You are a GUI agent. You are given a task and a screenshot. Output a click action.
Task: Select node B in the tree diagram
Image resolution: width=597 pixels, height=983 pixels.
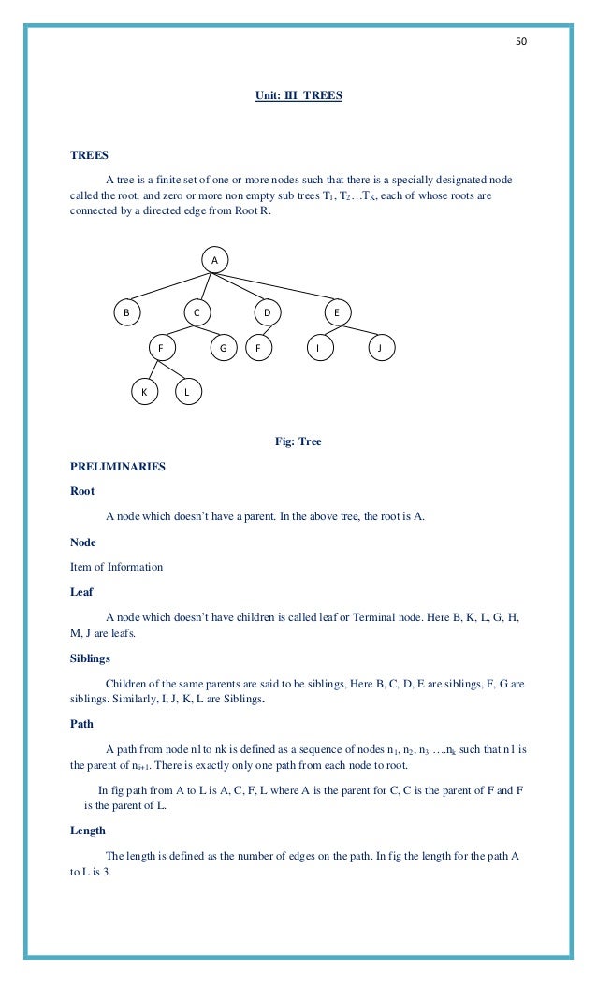click(127, 311)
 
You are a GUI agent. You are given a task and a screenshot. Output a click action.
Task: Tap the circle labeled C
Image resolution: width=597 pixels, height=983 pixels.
click(197, 311)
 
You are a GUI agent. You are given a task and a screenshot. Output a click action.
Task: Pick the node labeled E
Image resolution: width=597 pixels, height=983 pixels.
click(337, 311)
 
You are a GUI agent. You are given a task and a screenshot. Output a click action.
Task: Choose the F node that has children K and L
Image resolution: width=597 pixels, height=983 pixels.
click(161, 349)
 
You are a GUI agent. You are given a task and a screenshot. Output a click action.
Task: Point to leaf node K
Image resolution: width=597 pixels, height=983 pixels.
click(143, 393)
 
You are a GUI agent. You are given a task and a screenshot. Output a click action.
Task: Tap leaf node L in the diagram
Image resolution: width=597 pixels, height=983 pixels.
click(187, 393)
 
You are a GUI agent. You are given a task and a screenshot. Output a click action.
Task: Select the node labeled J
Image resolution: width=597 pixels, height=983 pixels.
click(380, 349)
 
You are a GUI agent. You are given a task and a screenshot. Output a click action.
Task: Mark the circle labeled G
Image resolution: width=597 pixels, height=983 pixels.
click(223, 349)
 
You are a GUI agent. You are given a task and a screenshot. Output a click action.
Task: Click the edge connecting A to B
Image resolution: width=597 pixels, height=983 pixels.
click(170, 285)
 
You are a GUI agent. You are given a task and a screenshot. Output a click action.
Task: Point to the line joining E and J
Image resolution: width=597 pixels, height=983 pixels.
click(359, 330)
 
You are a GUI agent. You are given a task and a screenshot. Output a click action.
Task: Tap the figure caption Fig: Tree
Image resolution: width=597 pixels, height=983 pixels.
click(298, 441)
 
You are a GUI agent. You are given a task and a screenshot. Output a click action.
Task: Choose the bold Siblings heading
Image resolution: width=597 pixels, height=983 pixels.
click(90, 658)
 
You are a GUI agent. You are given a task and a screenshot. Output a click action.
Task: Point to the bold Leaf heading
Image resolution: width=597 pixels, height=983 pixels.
click(81, 591)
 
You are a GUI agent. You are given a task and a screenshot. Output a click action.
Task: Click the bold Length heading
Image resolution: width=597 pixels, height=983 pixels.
click(88, 831)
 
